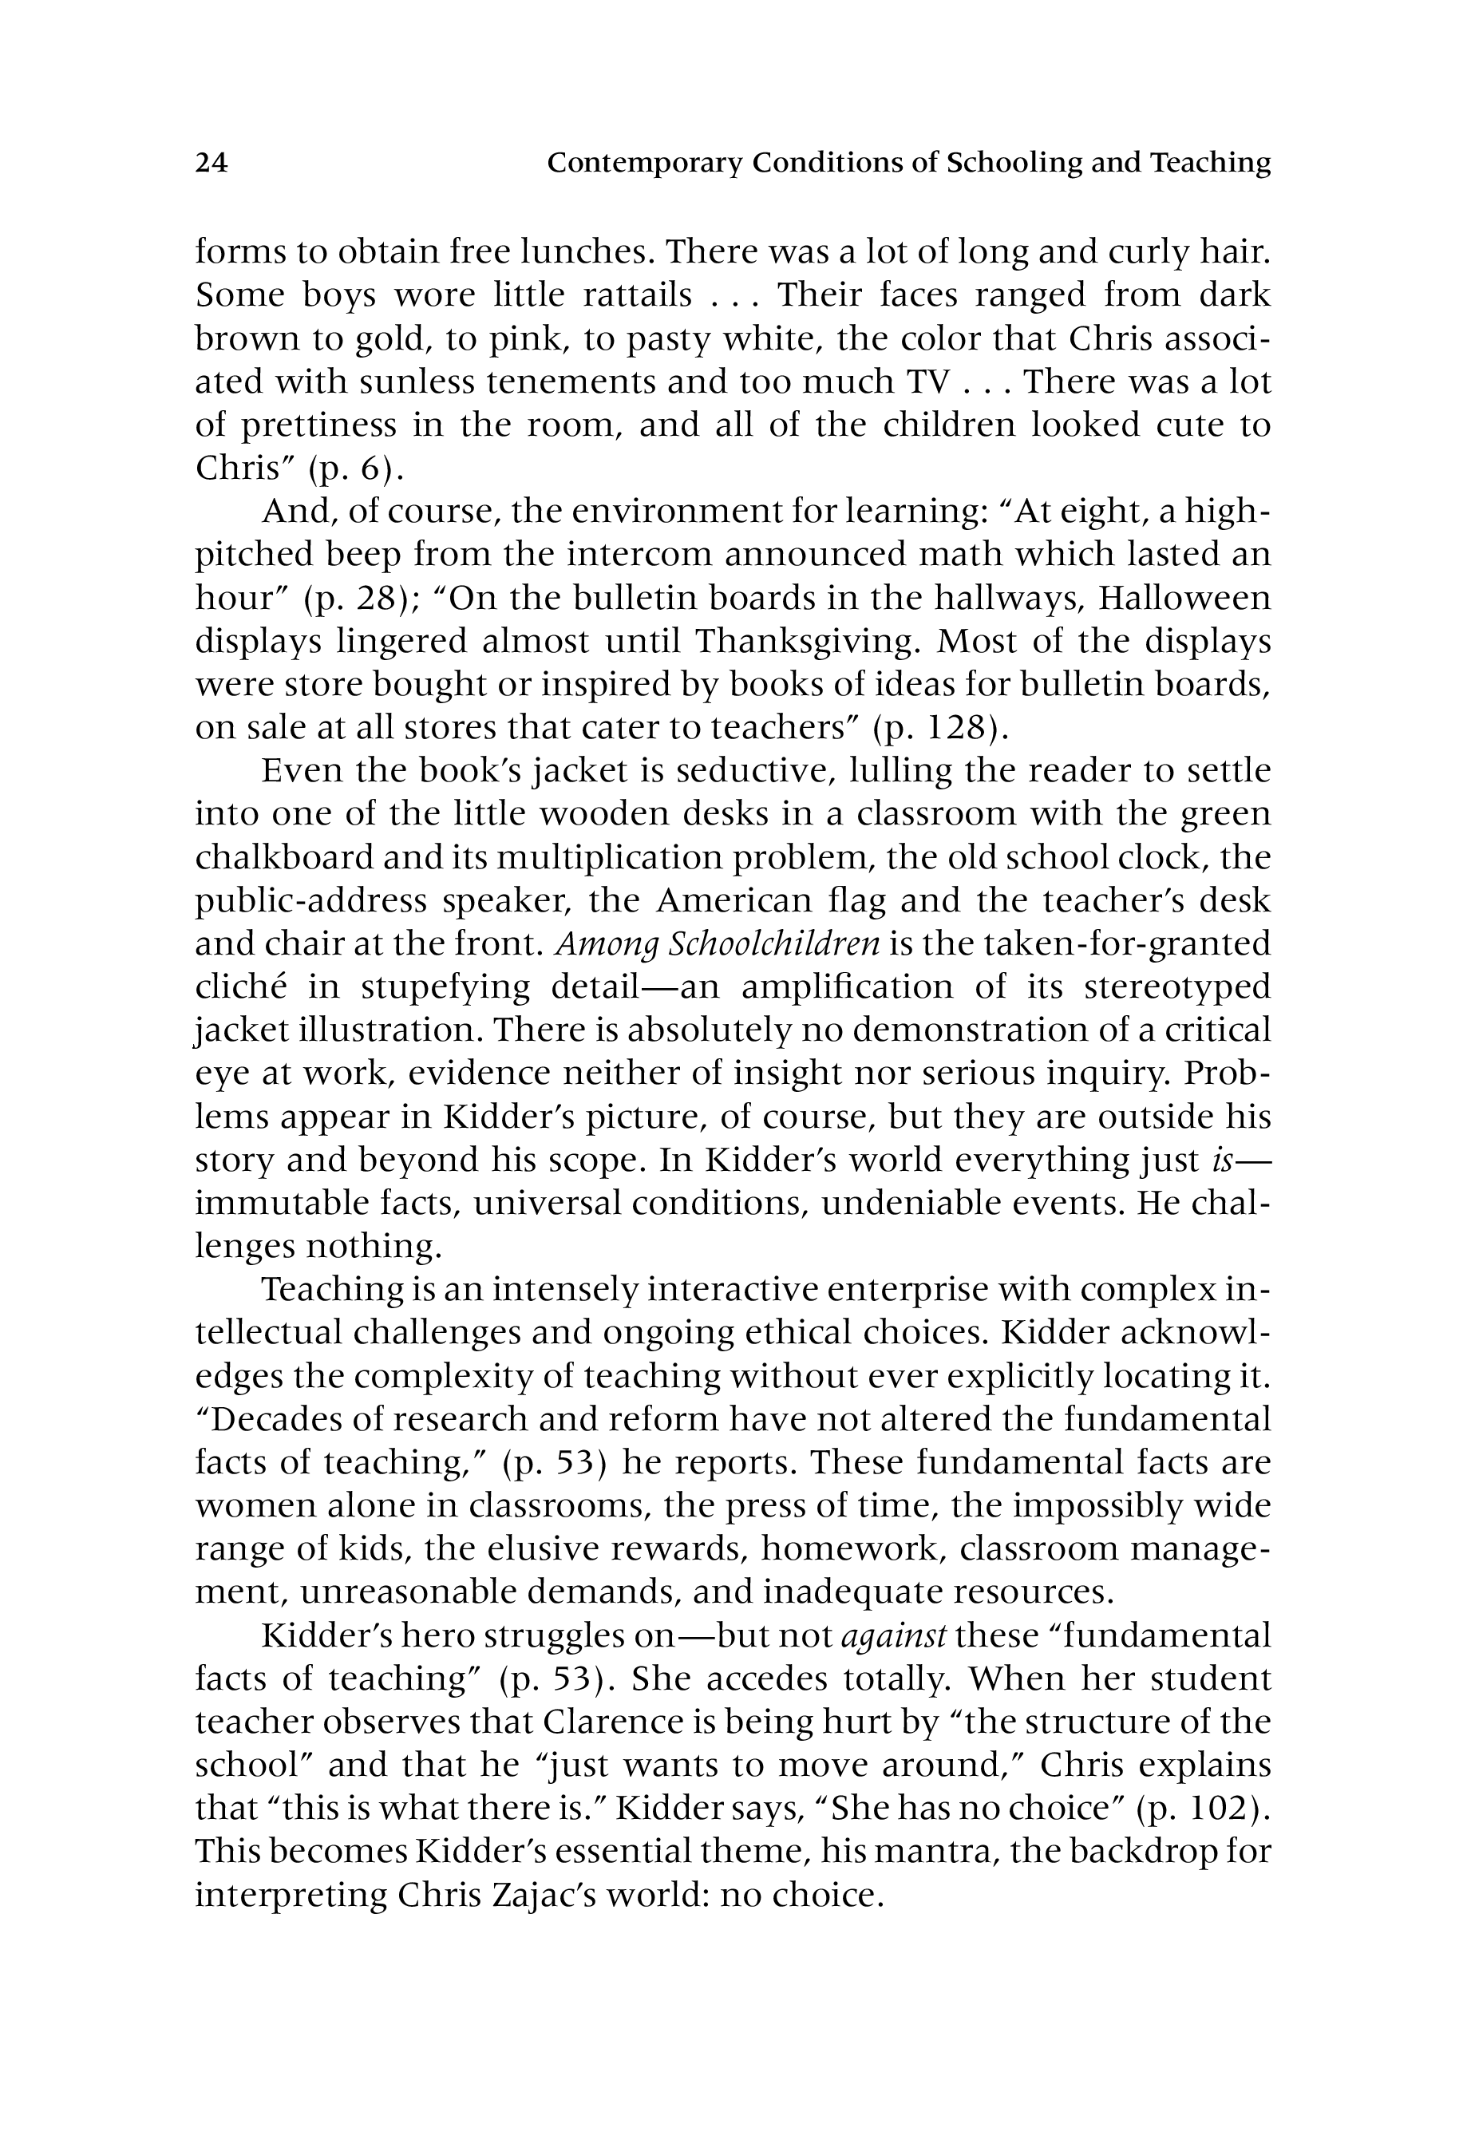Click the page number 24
(211, 163)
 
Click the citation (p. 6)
(356, 469)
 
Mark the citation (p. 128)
(940, 728)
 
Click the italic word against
(893, 1635)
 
